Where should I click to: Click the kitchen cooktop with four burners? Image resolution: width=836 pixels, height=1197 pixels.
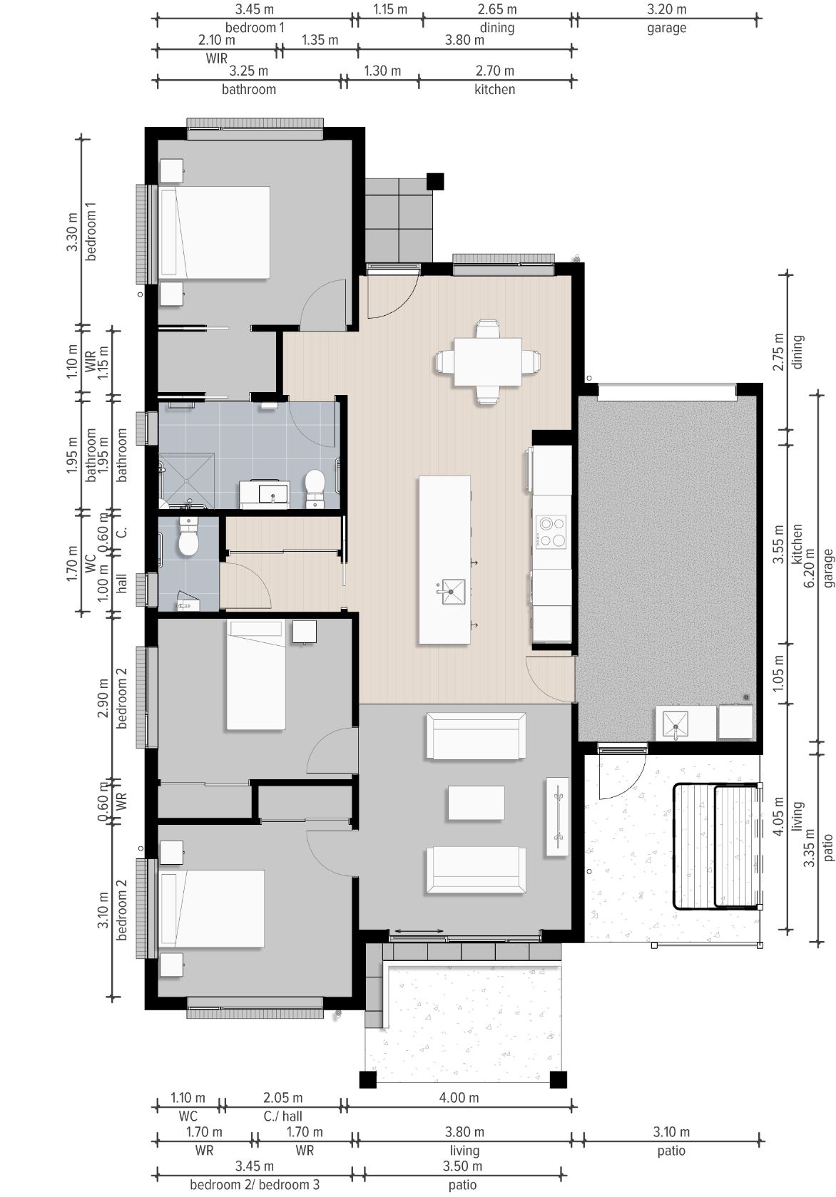(551, 532)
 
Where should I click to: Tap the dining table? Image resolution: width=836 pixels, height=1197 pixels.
(487, 361)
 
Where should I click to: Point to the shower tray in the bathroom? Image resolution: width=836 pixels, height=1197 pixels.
(187, 481)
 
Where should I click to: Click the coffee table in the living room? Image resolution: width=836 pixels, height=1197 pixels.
(476, 803)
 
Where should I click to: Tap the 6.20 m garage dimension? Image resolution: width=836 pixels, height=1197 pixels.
(810, 567)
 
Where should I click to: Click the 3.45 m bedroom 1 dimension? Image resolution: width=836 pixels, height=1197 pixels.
(255, 9)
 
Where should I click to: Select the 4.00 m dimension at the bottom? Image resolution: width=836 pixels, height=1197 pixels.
(459, 1098)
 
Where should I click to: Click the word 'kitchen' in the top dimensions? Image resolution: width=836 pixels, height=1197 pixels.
(494, 89)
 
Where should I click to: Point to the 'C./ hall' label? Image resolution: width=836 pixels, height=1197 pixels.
(282, 1116)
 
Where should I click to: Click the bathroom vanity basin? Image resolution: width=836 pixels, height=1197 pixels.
(272, 493)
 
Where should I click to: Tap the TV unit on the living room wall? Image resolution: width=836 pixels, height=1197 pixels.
(557, 816)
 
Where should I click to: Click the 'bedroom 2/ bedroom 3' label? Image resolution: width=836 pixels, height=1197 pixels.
(255, 1185)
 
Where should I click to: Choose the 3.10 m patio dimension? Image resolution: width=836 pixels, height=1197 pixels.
(671, 1132)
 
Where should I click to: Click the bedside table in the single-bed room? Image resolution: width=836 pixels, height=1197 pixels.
(304, 632)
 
